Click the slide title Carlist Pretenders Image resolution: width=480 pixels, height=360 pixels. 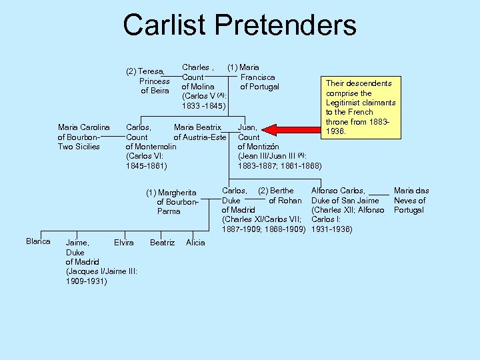[x=239, y=25]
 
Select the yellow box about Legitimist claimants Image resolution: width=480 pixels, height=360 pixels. [x=361, y=107]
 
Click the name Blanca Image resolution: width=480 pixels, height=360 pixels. [x=38, y=241]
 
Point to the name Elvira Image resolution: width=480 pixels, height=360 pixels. [x=124, y=243]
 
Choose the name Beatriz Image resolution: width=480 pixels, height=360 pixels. [x=162, y=243]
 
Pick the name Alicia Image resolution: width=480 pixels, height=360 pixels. [x=195, y=243]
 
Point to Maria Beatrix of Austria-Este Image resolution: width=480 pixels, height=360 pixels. [x=200, y=132]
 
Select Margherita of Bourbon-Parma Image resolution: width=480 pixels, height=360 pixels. [x=172, y=202]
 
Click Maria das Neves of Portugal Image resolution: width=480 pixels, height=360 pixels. [x=411, y=200]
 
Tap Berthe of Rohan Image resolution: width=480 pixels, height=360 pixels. [x=280, y=195]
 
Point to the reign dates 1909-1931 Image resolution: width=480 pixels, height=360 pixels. [x=87, y=281]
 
